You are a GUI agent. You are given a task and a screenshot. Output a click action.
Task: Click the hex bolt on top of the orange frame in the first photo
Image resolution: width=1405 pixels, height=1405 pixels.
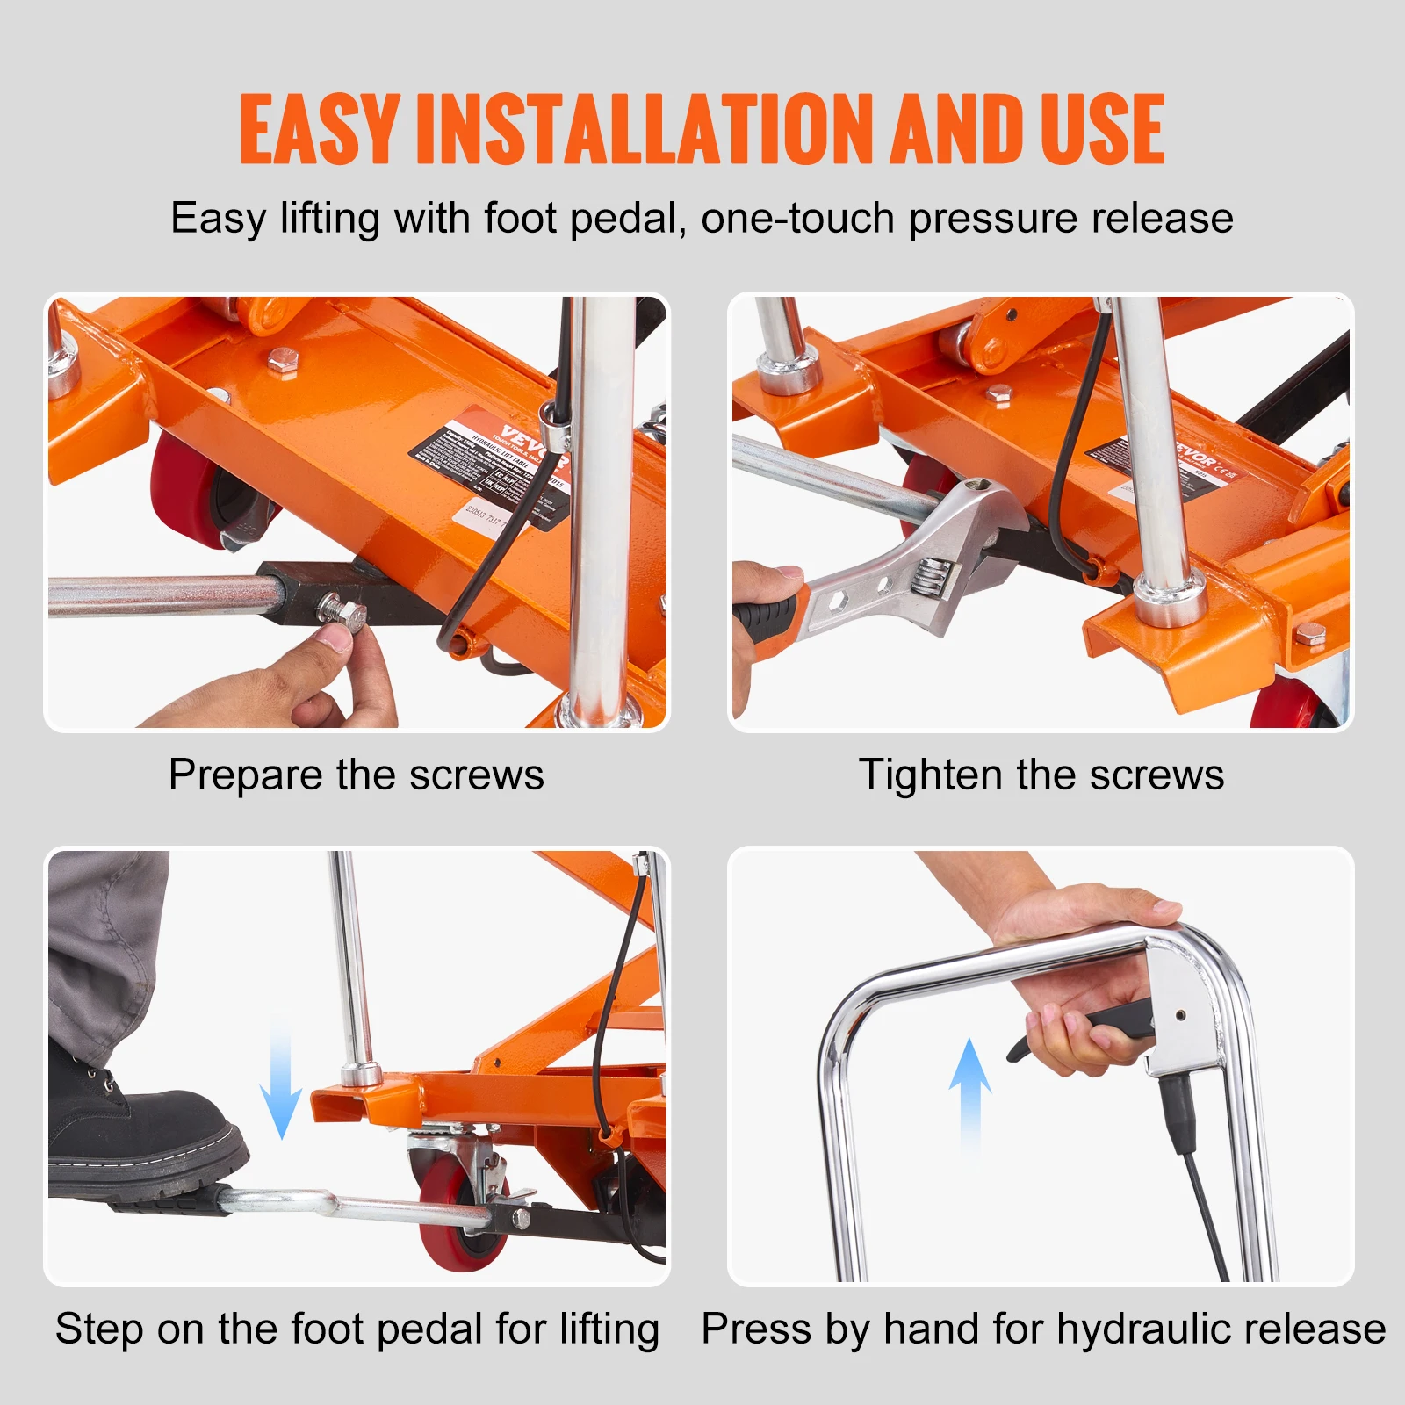pyautogui.click(x=282, y=361)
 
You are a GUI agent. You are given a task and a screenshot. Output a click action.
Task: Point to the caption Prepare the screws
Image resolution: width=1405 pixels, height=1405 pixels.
pyautogui.click(x=356, y=775)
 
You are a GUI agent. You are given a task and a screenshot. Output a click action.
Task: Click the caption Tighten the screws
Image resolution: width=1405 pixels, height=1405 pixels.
pyautogui.click(x=1041, y=775)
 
